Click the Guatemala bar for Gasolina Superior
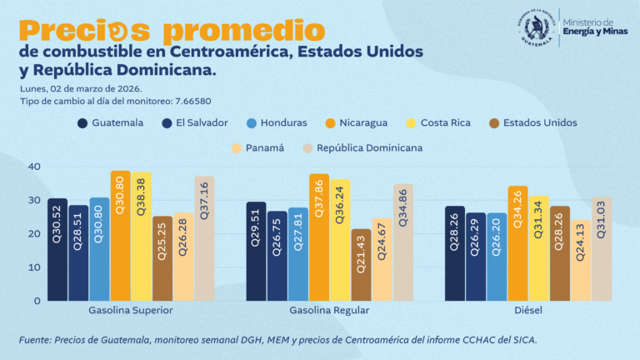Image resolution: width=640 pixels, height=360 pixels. point(57,250)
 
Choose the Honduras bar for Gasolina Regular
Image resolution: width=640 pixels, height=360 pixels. point(298,254)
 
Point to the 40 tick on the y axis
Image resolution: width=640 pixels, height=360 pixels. point(34,167)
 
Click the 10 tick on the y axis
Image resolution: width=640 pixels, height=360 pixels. point(34,267)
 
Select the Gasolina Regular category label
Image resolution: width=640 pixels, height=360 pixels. point(329,310)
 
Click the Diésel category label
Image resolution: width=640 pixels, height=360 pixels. point(529,310)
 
